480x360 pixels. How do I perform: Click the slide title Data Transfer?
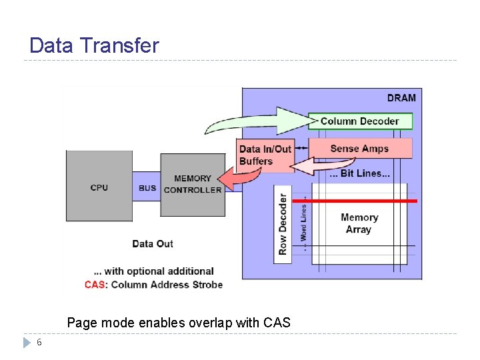(94, 45)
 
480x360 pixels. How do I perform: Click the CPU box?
(99, 187)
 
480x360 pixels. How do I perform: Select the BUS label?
(147, 188)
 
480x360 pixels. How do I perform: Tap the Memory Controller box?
(193, 185)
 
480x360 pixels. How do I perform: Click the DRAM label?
(401, 98)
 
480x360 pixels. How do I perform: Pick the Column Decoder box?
(360, 121)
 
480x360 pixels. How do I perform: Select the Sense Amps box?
(360, 148)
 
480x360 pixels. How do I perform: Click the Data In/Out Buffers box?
(265, 155)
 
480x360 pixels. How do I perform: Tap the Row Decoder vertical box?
(283, 224)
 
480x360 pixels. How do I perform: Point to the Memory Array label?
(359, 223)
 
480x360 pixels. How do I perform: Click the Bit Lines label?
(360, 173)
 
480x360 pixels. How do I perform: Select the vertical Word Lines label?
(304, 223)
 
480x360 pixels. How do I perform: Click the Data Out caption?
(153, 243)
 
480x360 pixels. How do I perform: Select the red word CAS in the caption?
(94, 285)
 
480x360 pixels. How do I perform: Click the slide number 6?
(39, 342)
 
